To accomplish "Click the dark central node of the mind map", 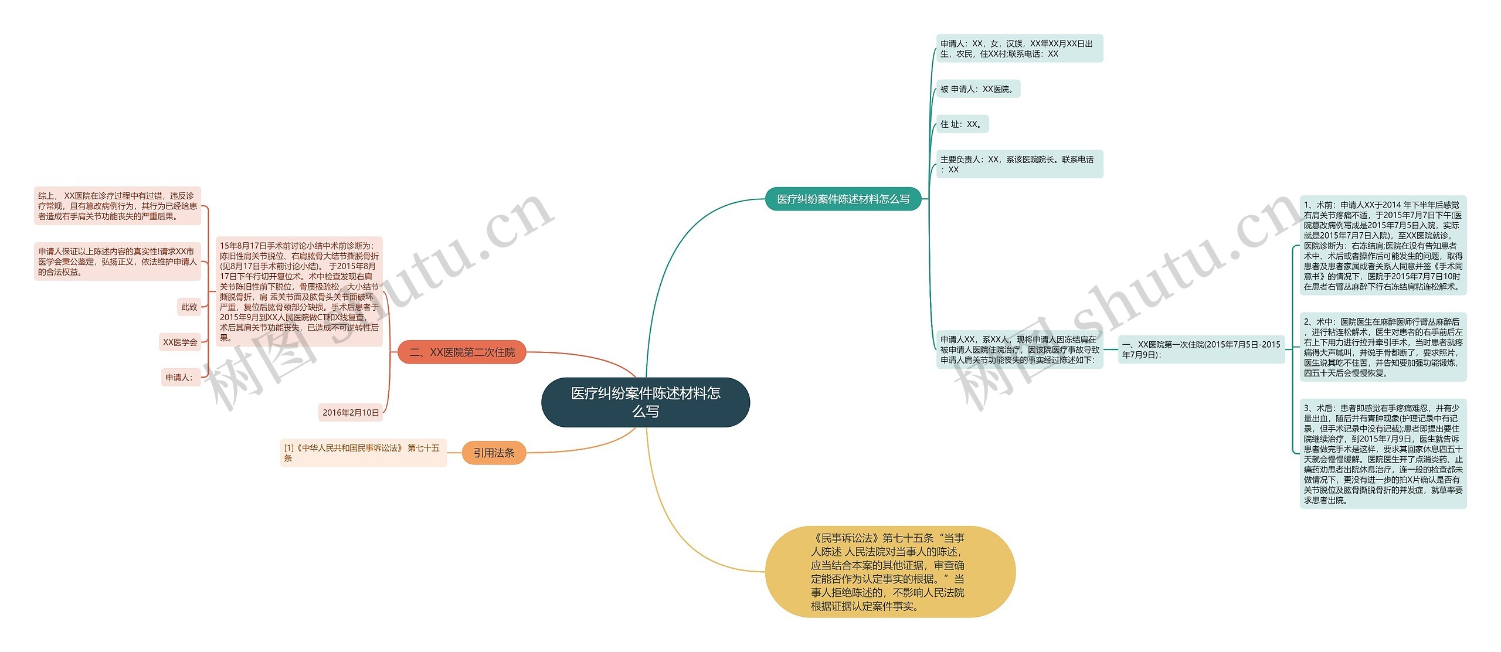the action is click(645, 402).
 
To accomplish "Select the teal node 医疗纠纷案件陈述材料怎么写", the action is click(843, 199).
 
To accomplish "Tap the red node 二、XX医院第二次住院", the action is click(461, 352).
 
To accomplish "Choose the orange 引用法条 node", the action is click(494, 453).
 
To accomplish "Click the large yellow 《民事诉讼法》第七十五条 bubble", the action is click(889, 572).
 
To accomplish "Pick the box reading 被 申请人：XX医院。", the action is click(977, 89).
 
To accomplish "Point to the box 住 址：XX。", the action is click(962, 124).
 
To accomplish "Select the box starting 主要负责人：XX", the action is click(1019, 164).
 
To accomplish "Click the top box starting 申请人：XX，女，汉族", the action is click(1019, 49).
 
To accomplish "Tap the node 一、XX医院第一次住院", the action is click(1201, 349).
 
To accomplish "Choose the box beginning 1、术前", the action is click(1383, 246).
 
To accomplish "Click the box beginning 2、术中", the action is click(1383, 347).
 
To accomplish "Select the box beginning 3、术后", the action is click(1383, 454).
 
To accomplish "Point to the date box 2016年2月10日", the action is click(351, 413).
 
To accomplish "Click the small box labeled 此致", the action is click(189, 307).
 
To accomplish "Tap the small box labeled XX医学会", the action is click(180, 342).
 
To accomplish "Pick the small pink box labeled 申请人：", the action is click(180, 378).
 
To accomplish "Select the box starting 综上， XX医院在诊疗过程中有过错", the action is click(117, 206).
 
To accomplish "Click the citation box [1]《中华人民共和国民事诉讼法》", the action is click(363, 453).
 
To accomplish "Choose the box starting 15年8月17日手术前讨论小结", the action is click(299, 291).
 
